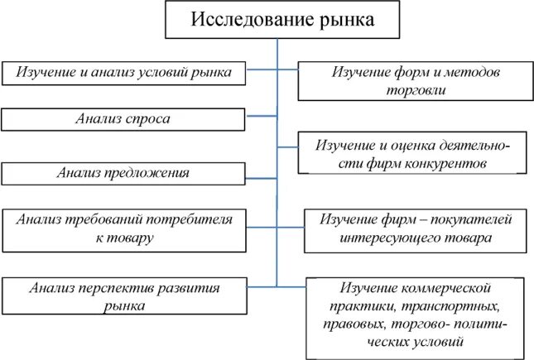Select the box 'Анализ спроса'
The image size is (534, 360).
tap(123, 120)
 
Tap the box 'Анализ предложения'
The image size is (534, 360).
tap(123, 173)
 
